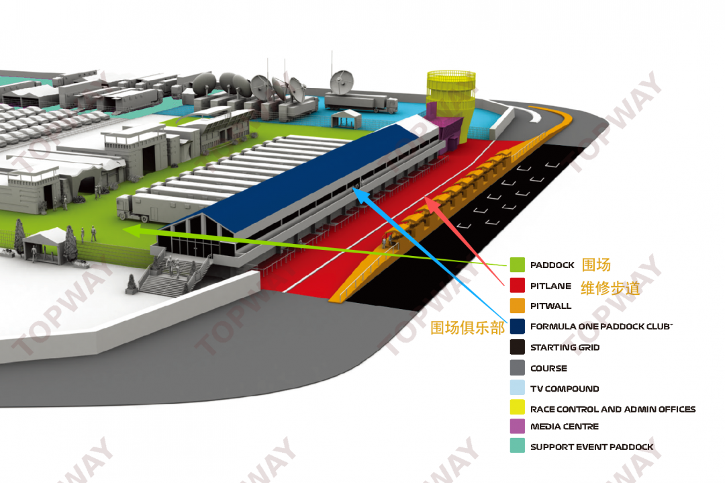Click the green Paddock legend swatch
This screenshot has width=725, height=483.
517,265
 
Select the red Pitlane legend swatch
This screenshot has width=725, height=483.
517,286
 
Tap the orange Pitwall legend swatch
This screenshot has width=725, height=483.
517,306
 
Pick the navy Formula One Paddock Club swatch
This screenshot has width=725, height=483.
517,326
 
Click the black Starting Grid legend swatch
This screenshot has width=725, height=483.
517,347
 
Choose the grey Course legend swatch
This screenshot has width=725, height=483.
517,368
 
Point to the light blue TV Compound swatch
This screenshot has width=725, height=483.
517,388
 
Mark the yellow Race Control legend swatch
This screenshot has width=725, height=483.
517,408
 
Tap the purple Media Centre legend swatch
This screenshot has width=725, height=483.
517,426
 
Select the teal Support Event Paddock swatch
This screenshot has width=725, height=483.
517,446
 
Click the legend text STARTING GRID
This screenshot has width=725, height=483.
565,347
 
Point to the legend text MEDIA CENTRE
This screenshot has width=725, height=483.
564,427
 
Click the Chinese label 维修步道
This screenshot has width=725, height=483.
610,288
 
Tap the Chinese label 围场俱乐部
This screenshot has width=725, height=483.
468,328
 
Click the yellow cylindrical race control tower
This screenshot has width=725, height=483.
450,94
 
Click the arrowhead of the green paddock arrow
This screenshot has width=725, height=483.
129,230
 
